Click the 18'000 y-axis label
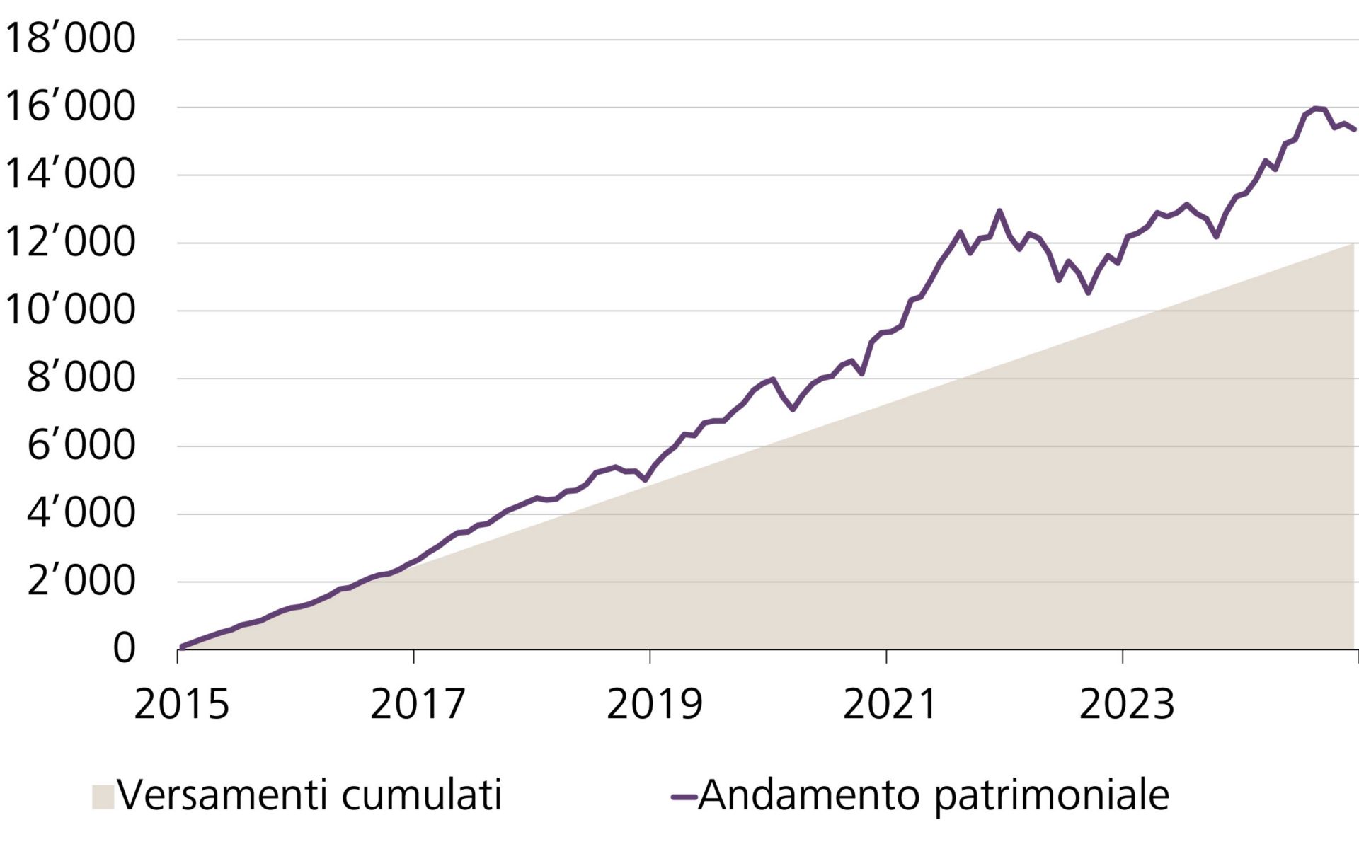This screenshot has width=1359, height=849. click(69, 39)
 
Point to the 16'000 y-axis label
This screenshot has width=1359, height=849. click(69, 107)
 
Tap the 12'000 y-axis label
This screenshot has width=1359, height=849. click(69, 243)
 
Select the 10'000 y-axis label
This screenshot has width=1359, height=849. click(69, 311)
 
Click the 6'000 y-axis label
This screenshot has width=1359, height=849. click(81, 446)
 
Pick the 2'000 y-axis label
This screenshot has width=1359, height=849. click(81, 582)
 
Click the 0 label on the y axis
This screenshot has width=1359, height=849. click(124, 648)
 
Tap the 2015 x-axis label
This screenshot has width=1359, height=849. click(182, 705)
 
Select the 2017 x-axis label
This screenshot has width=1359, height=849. click(418, 705)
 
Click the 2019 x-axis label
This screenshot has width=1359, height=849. click(654, 705)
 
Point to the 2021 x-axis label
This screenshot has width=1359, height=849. click(890, 705)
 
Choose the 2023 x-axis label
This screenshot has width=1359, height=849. click(1126, 705)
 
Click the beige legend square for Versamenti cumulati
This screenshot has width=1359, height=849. click(103, 797)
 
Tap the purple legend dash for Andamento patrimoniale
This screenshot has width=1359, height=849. click(684, 797)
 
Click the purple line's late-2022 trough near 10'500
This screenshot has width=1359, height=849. click(1089, 292)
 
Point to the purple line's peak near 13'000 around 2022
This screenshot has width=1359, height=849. click(999, 211)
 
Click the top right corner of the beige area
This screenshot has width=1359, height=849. click(1352, 245)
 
